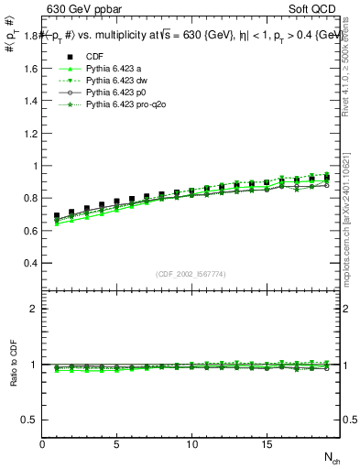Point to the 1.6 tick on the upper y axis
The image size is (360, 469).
coord(29,69)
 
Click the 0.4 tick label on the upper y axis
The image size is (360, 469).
coord(29,263)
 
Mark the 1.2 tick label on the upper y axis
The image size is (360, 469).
coord(29,117)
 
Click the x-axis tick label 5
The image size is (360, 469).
coord(117,444)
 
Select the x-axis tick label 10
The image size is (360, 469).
coord(192,444)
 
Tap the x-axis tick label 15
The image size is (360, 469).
coord(267,444)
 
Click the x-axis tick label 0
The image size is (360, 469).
coord(42,444)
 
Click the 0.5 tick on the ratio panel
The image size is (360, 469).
coord(29,420)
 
